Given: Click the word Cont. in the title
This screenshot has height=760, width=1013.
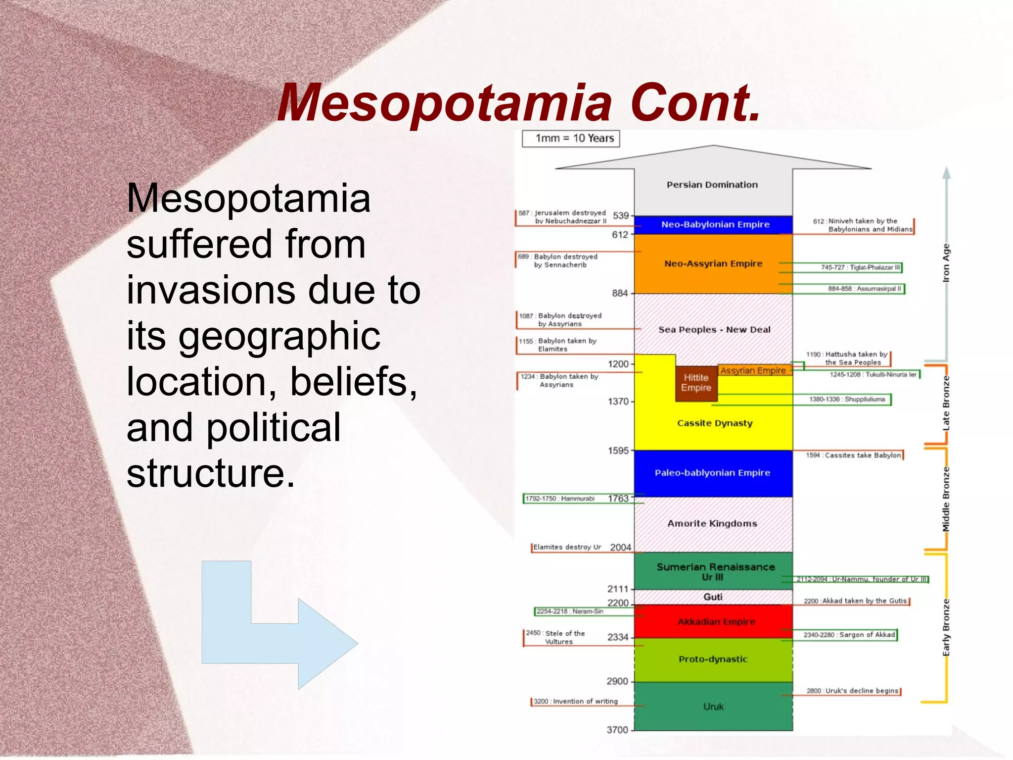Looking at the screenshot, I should pyautogui.click(x=695, y=103).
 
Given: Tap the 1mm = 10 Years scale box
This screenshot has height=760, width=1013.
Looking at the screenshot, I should pyautogui.click(x=571, y=139).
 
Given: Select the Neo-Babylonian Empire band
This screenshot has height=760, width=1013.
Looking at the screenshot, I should pyautogui.click(x=713, y=225).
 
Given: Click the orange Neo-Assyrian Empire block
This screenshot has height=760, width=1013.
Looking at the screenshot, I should pyautogui.click(x=713, y=264).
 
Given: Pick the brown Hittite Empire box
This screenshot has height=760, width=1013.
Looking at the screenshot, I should pyautogui.click(x=696, y=383).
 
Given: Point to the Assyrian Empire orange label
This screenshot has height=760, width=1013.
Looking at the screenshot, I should pyautogui.click(x=753, y=370).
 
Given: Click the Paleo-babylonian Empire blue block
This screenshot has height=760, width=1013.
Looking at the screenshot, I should pyautogui.click(x=712, y=473).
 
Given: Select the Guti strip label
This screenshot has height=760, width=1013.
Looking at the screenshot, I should pyautogui.click(x=713, y=597).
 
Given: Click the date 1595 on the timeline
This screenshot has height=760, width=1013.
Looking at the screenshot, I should pyautogui.click(x=618, y=451).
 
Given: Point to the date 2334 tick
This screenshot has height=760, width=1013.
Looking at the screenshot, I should pyautogui.click(x=618, y=637).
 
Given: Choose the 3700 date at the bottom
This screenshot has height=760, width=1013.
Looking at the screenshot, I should pyautogui.click(x=617, y=730).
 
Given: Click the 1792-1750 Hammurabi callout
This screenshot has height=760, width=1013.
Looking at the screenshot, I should pyautogui.click(x=559, y=499).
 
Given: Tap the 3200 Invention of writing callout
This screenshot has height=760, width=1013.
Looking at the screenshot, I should pyautogui.click(x=575, y=702).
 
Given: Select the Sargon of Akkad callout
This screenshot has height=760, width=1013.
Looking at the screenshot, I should pyautogui.click(x=849, y=635).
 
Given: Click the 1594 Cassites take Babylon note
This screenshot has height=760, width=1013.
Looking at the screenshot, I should pyautogui.click(x=853, y=456).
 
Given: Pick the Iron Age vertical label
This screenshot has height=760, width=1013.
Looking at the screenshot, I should pyautogui.click(x=946, y=263).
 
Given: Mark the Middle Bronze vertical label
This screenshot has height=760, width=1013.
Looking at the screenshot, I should pyautogui.click(x=946, y=499).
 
